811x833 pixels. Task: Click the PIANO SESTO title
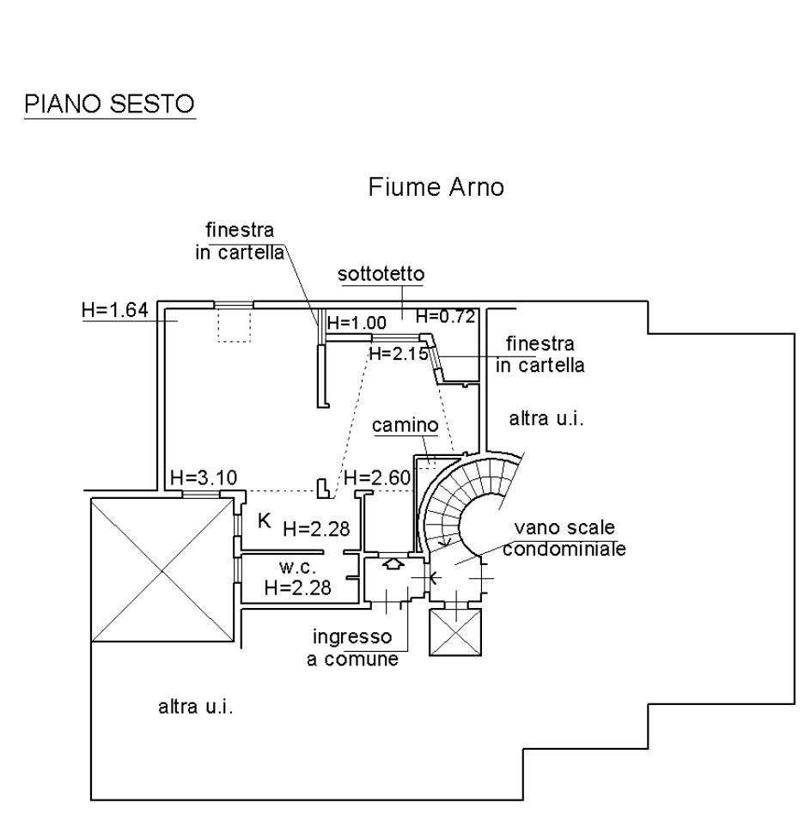coord(109,104)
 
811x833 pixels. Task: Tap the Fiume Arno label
coord(436,187)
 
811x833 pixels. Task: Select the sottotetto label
coord(381,274)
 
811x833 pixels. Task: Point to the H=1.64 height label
coord(115,310)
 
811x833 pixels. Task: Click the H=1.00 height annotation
coord(357,323)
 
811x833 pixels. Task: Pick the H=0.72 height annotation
coord(445,317)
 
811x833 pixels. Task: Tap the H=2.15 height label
coord(399,353)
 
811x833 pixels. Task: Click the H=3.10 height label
coord(204,477)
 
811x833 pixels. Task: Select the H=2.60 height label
coord(377,477)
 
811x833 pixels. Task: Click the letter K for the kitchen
coord(264,520)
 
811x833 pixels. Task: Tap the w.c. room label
coord(297,568)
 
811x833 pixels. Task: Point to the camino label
coord(405,425)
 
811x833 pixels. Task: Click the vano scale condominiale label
coord(564,538)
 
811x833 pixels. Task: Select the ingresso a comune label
coord(352,648)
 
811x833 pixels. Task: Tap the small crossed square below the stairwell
coord(455,632)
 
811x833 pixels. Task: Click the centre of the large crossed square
coord(162,569)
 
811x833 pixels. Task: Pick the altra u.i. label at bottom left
coord(196,707)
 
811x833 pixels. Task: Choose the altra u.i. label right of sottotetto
coord(546,418)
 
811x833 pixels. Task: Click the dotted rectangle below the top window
coord(234,325)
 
